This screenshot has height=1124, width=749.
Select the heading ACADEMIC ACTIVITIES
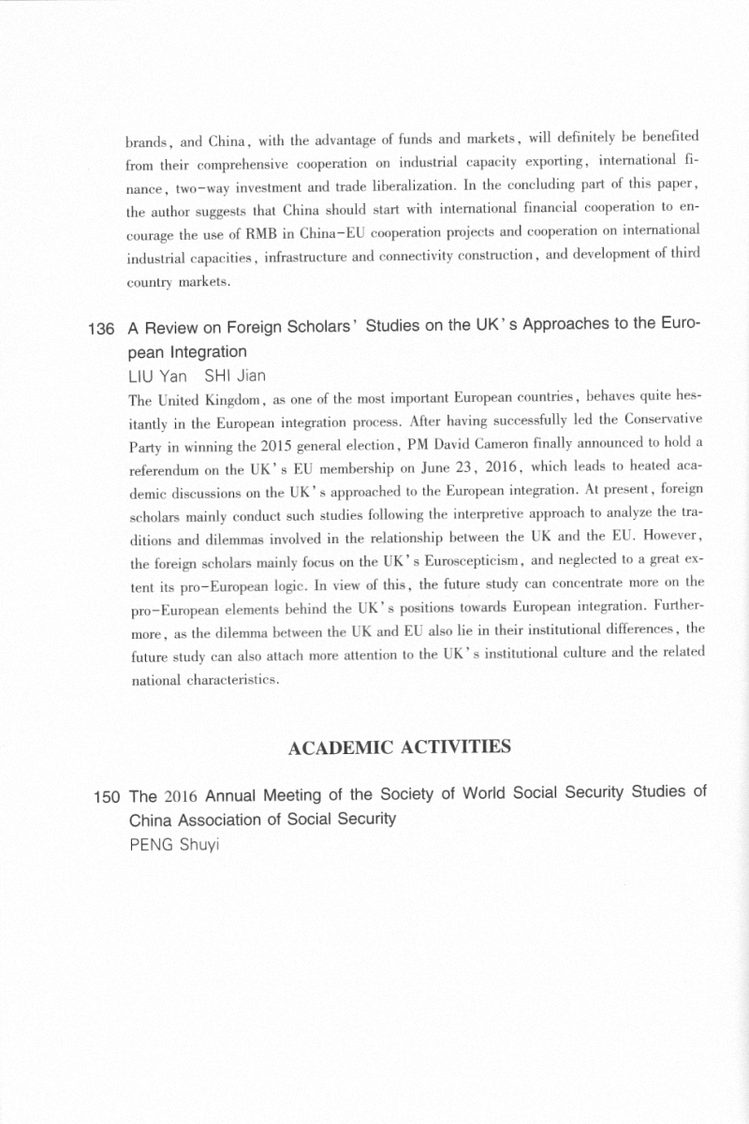click(400, 747)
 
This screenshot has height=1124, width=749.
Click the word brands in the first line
click(147, 143)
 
